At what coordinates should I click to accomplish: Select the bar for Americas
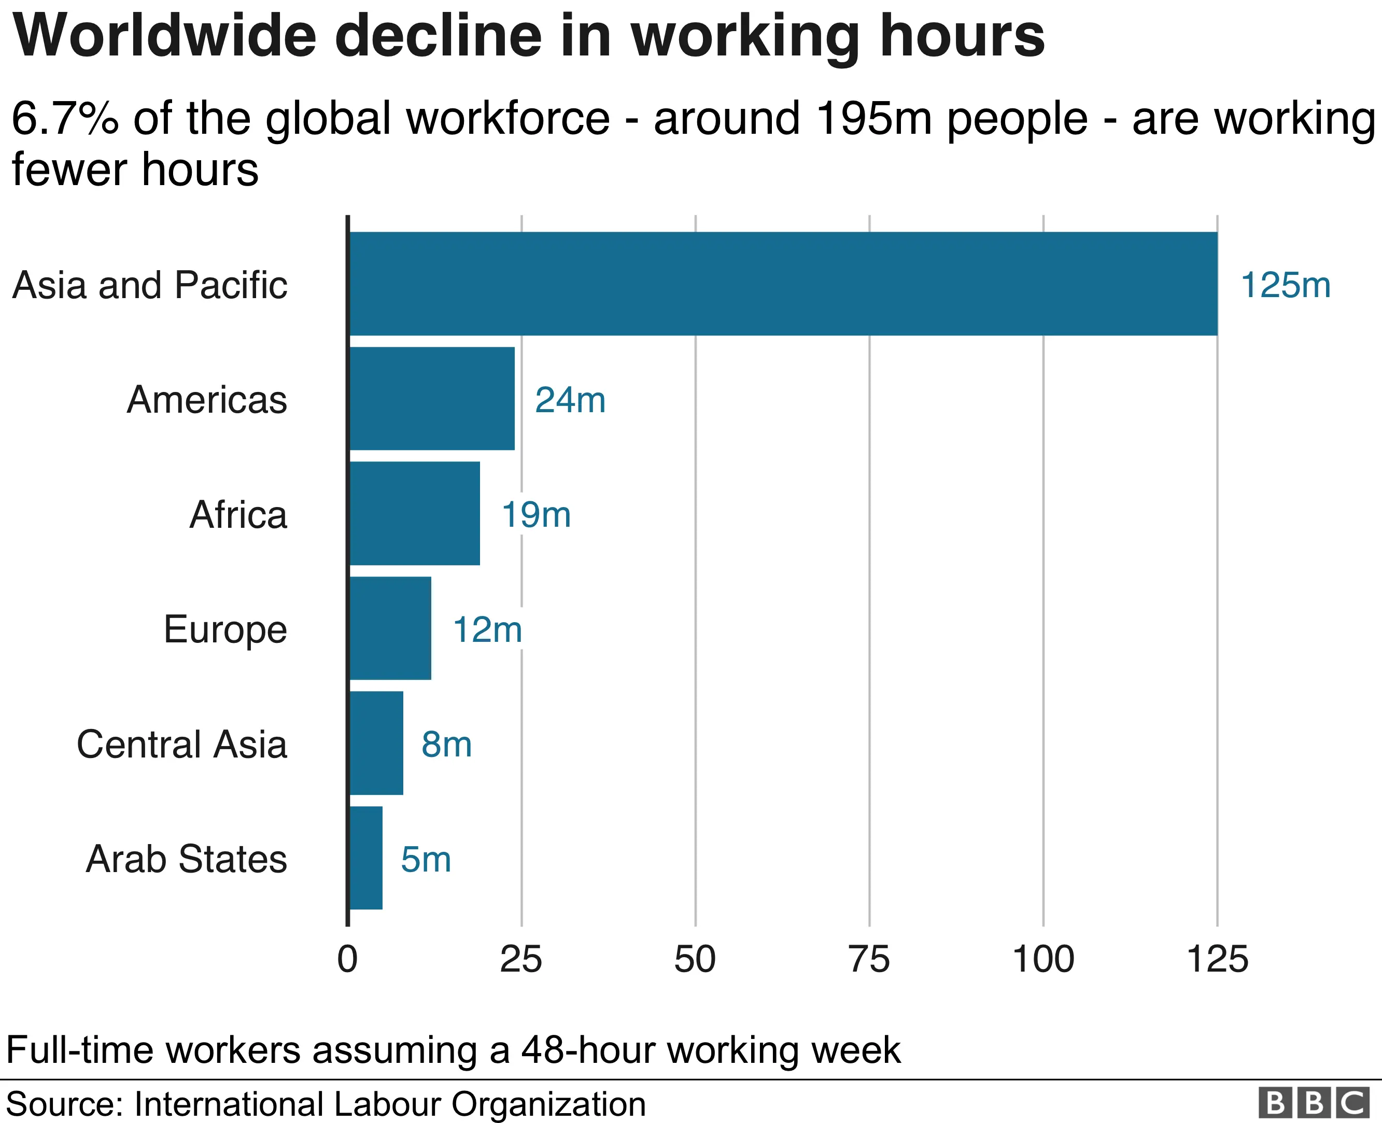(432, 399)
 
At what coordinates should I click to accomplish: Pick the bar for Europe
(390, 628)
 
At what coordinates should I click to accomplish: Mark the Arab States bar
(365, 858)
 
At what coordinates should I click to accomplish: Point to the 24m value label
(570, 400)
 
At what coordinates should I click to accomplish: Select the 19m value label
(536, 515)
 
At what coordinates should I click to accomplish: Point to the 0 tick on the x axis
(347, 959)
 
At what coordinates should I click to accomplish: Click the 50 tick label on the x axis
(695, 959)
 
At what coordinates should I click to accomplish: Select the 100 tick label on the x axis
(1042, 959)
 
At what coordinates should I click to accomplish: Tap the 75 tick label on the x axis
(869, 959)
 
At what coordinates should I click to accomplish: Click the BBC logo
(1314, 1103)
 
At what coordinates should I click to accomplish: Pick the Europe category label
(225, 629)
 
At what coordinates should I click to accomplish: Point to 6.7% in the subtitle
(65, 118)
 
